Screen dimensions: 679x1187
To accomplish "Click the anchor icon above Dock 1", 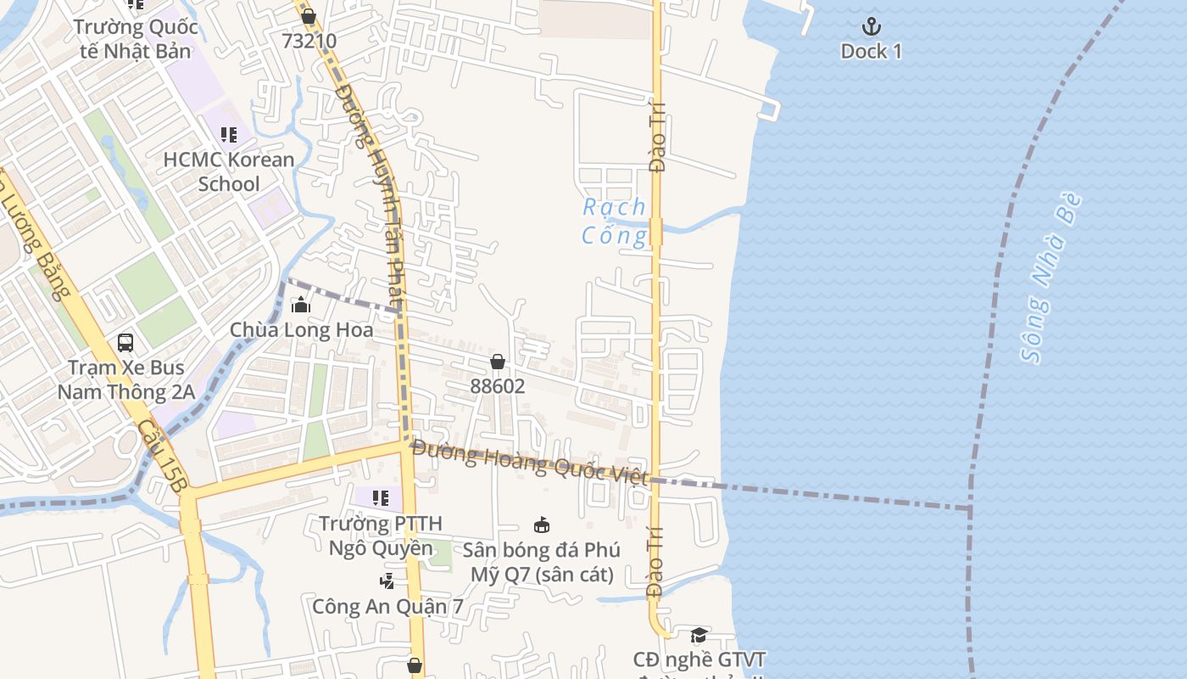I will [x=871, y=26].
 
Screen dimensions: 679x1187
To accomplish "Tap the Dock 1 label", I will [x=871, y=52].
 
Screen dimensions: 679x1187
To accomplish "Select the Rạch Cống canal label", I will [x=614, y=222].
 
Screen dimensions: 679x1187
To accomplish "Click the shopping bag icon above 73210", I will [x=309, y=16].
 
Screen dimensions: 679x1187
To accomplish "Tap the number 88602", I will [x=498, y=387].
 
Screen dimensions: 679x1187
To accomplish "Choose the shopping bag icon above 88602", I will [x=498, y=362].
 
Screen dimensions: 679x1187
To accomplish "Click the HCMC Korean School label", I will [x=229, y=171].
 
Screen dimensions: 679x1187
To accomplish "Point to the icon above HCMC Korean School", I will [x=228, y=134].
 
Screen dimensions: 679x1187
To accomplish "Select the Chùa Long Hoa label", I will [x=301, y=330].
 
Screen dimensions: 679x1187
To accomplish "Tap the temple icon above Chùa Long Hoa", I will [x=300, y=305].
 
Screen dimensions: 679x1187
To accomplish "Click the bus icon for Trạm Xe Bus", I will [x=125, y=343].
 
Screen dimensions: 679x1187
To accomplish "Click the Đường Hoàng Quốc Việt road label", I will [x=531, y=462].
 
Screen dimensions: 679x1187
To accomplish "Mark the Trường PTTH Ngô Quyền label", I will [x=380, y=536].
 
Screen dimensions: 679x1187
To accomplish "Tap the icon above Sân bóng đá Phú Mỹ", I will [x=542, y=525].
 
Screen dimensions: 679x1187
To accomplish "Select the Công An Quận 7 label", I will [x=387, y=607].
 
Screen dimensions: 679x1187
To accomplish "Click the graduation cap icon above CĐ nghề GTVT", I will [x=699, y=636].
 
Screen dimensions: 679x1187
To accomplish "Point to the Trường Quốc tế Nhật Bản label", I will [x=136, y=39].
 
